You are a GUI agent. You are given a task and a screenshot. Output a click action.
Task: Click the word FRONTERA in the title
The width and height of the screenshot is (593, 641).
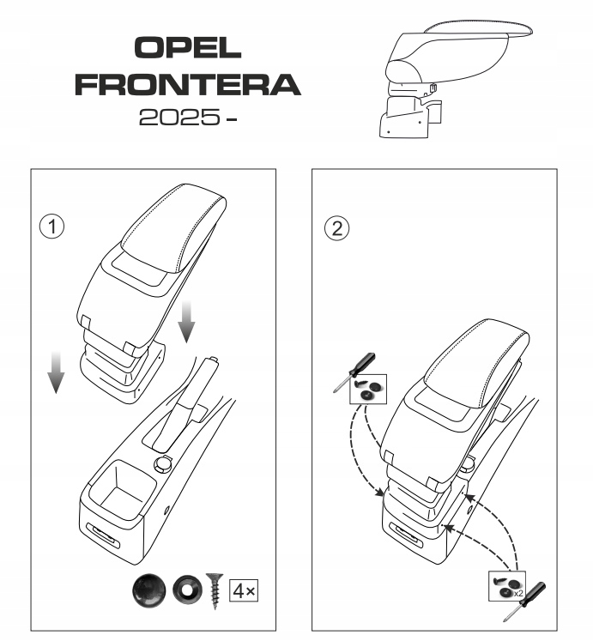188,84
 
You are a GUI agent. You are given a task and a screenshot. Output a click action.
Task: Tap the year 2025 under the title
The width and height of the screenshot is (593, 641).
176,118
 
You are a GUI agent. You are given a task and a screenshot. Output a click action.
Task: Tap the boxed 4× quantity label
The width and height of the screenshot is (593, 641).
245,590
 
